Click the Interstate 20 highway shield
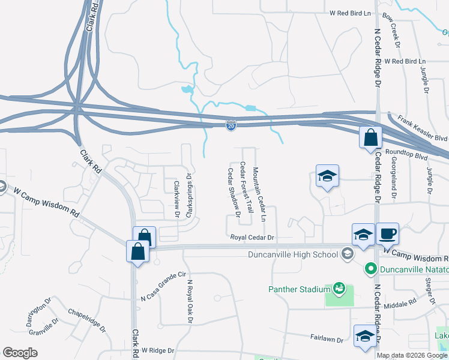point(231,125)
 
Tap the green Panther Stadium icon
point(339,289)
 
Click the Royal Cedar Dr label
point(252,238)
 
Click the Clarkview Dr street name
point(176,200)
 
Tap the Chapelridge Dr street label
point(87,321)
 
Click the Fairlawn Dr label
point(327,340)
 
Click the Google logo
point(20,353)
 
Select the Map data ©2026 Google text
point(412,355)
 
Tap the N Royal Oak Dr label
point(190,302)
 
